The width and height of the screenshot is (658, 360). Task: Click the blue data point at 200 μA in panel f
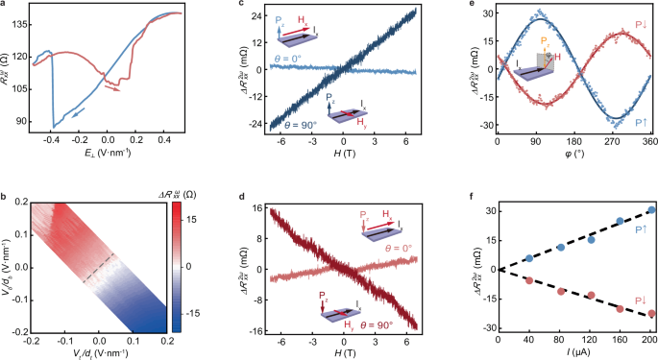pos(652,209)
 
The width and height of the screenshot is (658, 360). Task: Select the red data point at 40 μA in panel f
pos(528,280)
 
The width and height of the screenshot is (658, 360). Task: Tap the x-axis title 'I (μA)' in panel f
pos(575,352)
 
